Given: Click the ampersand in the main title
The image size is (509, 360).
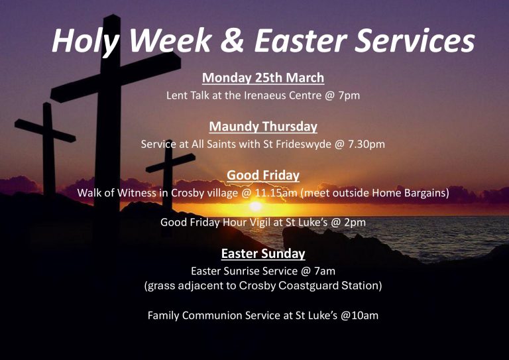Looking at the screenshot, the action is pos(232,40).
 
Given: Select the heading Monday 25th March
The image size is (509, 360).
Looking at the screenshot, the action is pos(263,78).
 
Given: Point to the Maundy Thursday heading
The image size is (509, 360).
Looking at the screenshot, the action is pos(263,127).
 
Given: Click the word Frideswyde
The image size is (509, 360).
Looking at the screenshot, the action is pos(303,144).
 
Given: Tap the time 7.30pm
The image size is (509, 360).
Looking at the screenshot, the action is pos(366,144).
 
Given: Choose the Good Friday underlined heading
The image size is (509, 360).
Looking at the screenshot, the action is pos(263,175).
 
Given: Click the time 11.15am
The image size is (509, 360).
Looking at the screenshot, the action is pos(276,193).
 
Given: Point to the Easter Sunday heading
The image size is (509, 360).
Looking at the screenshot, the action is pos(263,253).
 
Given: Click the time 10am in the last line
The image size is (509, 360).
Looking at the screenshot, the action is pos(365,316).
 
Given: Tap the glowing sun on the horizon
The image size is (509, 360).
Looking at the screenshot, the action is pos(255,206).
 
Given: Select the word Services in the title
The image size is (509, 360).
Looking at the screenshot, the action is pos(414,40).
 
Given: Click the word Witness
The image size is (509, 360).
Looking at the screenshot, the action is pos(137,193).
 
